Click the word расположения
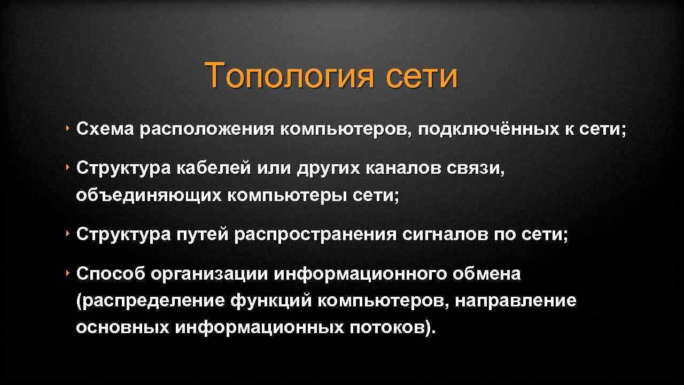pyautogui.click(x=207, y=129)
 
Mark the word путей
pyautogui.click(x=203, y=234)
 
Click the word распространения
pyautogui.click(x=315, y=234)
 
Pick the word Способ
pyautogui.click(x=110, y=274)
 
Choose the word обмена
pyautogui.click(x=486, y=274)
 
